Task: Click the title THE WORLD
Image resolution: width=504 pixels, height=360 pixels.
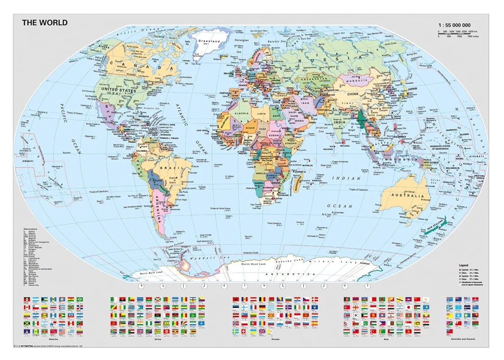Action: coord(45,22)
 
